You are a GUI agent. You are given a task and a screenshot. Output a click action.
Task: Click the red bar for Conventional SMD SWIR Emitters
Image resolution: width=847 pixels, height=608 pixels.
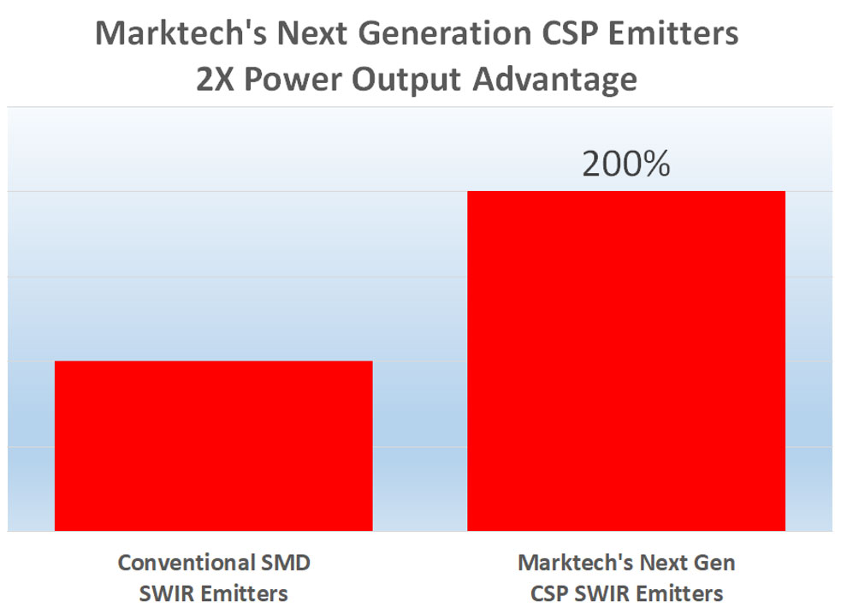(213, 445)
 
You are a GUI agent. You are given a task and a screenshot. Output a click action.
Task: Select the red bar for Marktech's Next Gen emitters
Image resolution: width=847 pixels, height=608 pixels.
(625, 361)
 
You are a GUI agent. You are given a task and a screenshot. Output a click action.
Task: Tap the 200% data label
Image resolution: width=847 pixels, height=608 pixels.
(625, 164)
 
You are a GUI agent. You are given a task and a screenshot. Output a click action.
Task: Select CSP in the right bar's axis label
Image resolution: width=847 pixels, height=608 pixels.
(549, 593)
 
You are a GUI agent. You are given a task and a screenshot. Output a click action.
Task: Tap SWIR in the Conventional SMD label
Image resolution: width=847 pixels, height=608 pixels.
(167, 593)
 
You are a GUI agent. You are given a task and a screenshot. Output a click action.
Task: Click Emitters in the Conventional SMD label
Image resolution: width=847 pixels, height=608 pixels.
(244, 593)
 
